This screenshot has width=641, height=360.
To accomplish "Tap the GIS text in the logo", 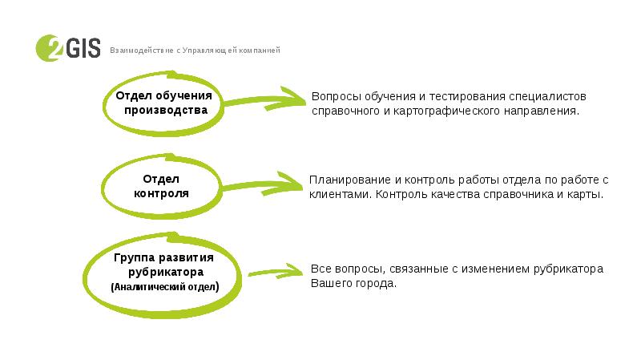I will pos(81,49).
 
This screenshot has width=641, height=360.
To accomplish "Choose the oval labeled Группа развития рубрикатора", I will pos(163,273).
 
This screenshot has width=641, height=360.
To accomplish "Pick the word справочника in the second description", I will pos(513,195).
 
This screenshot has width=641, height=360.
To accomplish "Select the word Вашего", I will pos(329,284).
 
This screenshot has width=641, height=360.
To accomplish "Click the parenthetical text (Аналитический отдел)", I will pos(163,286).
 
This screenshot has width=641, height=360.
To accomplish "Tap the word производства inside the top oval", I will pos(162,111).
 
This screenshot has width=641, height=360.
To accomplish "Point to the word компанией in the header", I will pos(258,51).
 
